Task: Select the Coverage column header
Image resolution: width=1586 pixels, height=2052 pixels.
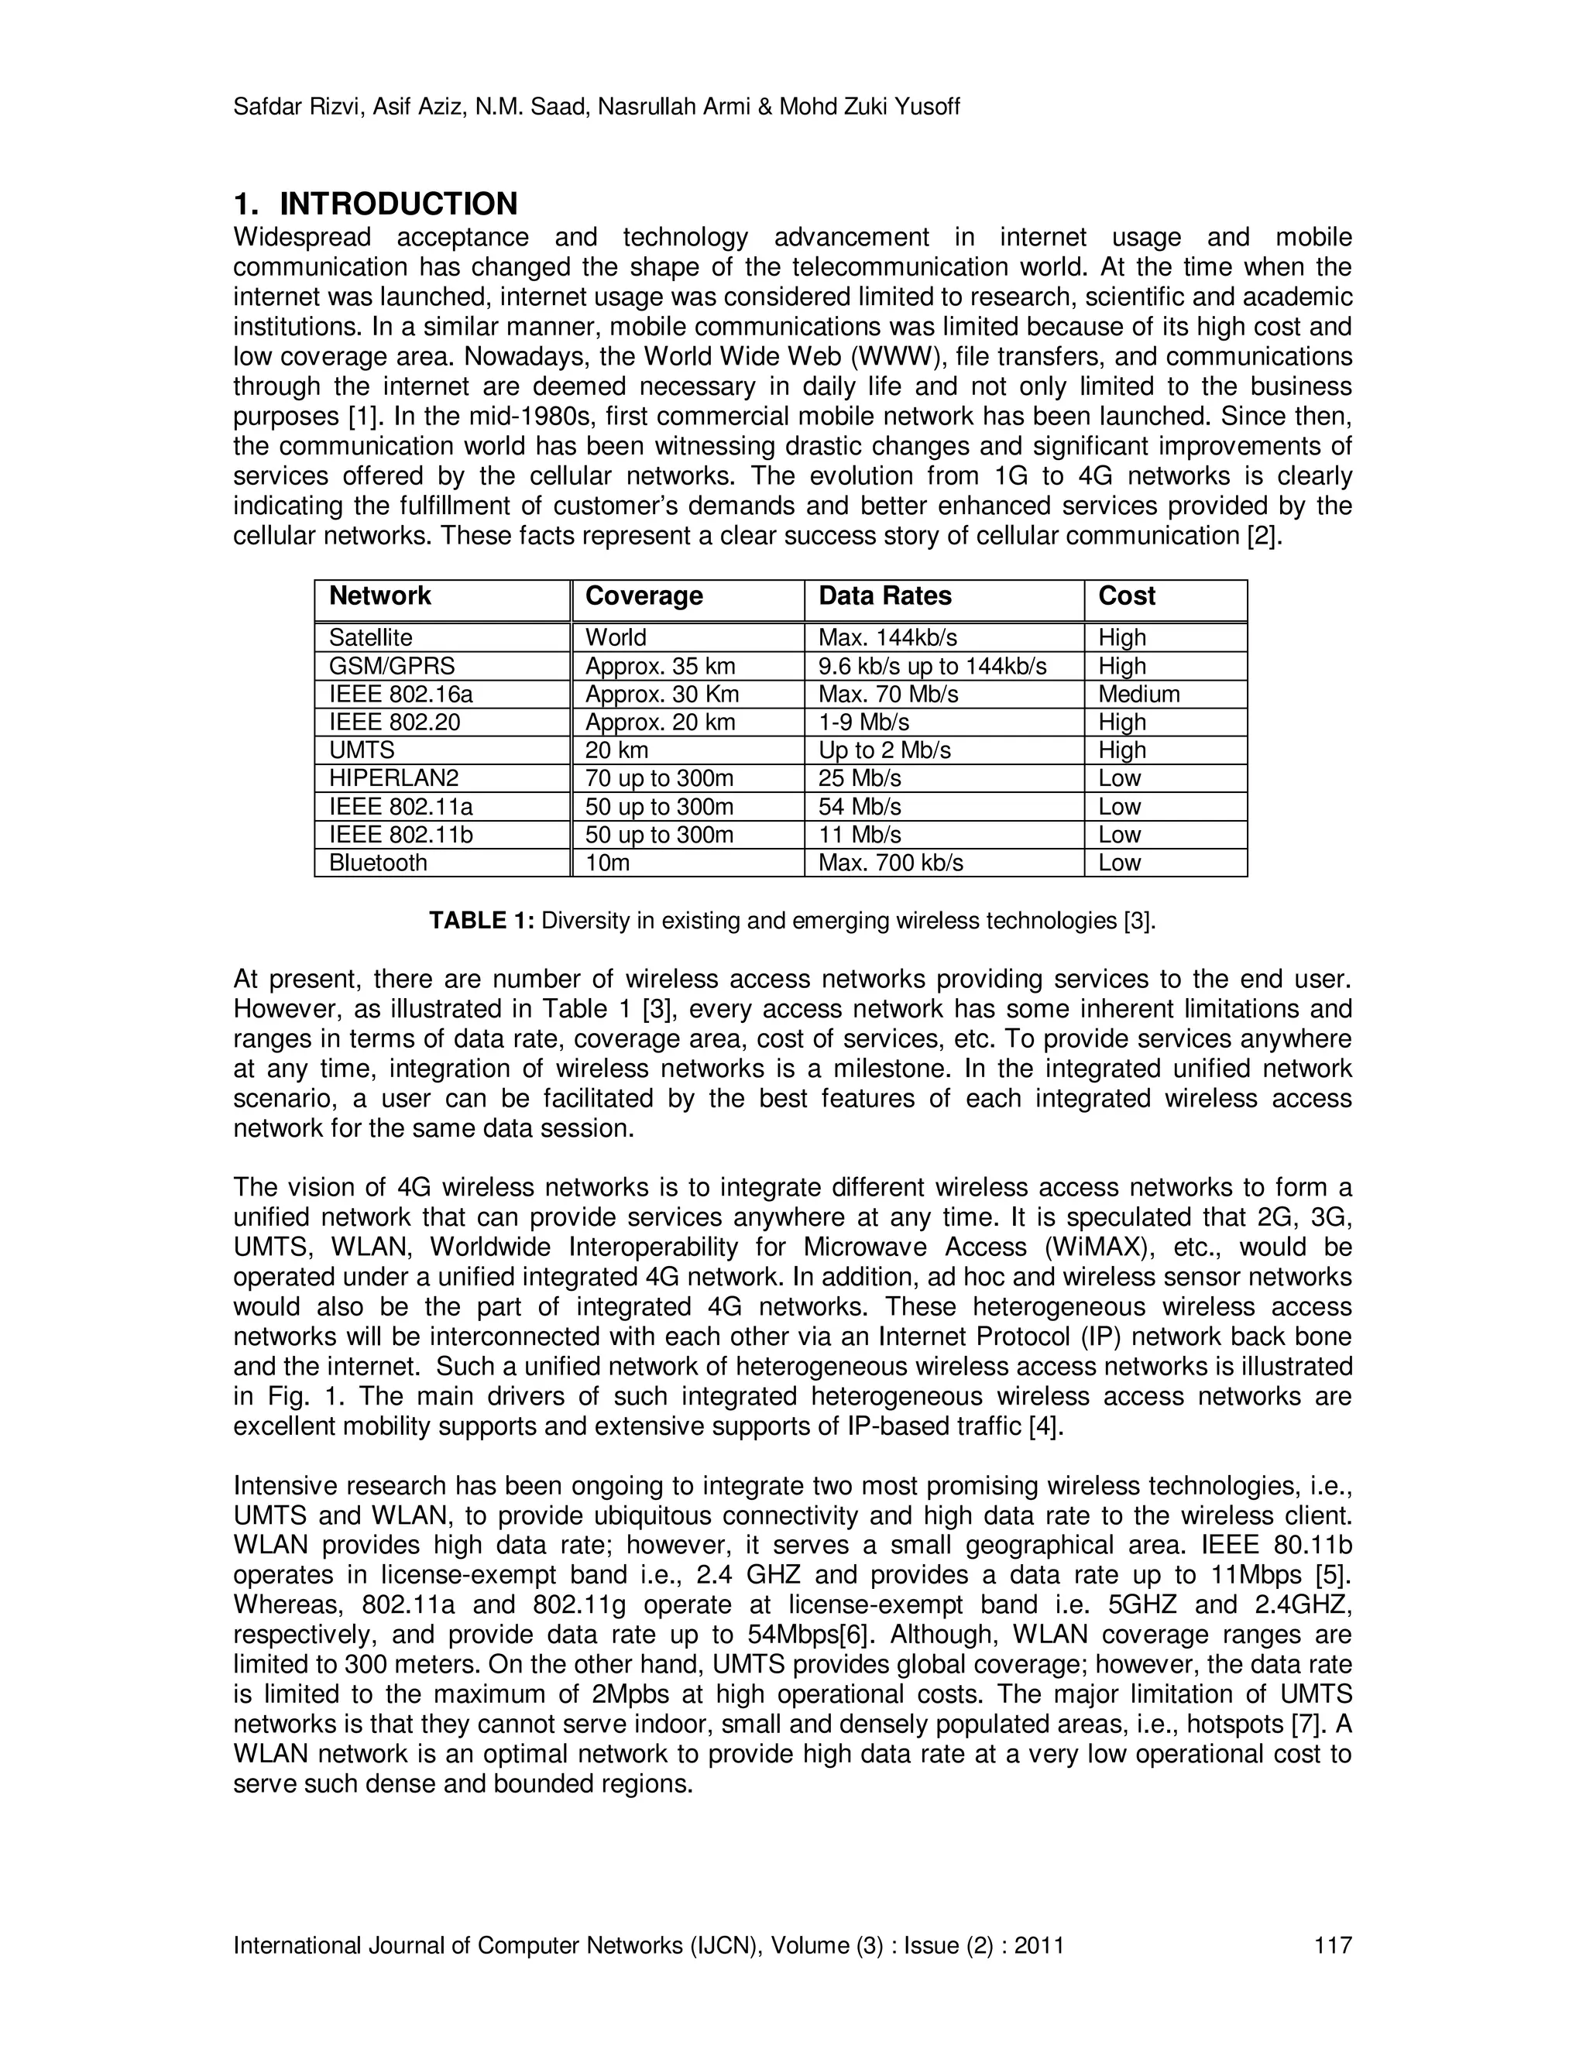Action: (x=644, y=595)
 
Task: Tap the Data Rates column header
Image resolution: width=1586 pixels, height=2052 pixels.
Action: (x=885, y=595)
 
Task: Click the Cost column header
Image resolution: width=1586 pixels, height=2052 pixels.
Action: (x=1127, y=595)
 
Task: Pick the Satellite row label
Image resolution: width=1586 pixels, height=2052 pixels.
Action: (x=370, y=638)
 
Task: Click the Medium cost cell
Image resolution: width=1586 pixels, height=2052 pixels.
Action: (x=1138, y=695)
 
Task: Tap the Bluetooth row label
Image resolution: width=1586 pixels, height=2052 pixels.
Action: (x=378, y=863)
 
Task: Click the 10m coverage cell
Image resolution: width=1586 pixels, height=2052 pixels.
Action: (x=607, y=863)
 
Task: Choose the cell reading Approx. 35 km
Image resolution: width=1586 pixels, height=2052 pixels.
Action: (x=660, y=666)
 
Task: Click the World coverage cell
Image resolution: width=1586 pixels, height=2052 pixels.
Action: (x=616, y=638)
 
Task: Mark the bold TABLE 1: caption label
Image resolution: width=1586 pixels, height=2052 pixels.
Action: (x=481, y=921)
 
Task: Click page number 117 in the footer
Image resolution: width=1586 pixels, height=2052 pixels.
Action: (x=1332, y=1945)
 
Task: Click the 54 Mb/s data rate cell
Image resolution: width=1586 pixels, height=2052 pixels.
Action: (x=860, y=806)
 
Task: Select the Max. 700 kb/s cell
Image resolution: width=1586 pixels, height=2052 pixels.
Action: (x=891, y=863)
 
